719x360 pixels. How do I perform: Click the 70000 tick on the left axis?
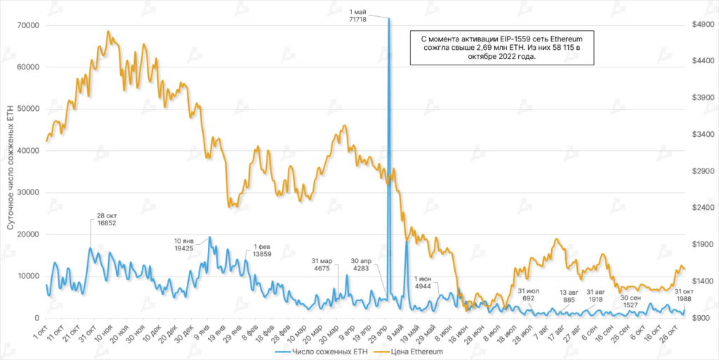27,25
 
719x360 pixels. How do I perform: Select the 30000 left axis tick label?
27,192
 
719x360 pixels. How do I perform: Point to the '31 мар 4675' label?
322,265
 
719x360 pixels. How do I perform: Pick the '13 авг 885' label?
572,295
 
